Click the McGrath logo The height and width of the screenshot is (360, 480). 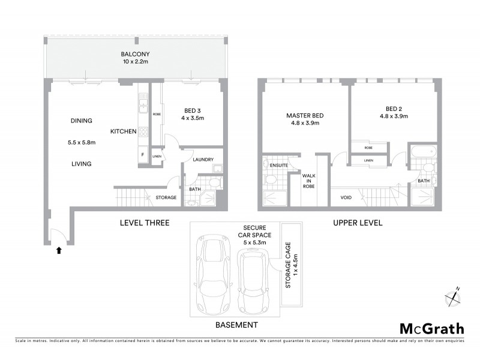(432, 328)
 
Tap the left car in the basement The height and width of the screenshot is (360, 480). (214, 272)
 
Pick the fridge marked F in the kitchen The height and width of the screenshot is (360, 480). (142, 154)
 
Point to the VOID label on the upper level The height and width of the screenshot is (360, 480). (346, 196)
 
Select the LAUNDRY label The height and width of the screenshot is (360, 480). (203, 159)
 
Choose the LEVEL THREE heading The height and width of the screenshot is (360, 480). (145, 223)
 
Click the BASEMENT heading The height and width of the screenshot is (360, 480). (237, 325)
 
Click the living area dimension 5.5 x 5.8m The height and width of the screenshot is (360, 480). (82, 142)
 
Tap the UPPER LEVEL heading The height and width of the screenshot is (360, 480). (358, 223)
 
